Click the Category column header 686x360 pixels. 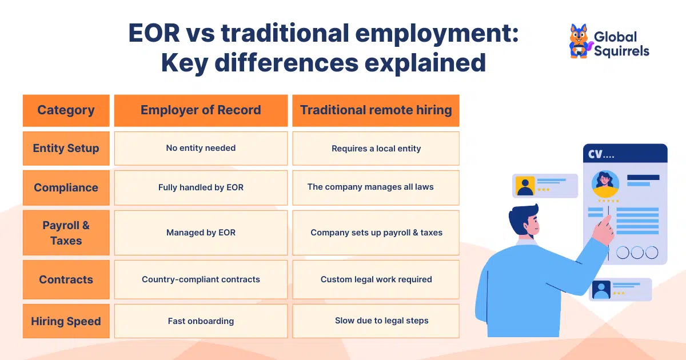click(x=66, y=110)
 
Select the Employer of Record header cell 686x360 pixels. click(x=201, y=110)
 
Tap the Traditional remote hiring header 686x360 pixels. click(x=376, y=110)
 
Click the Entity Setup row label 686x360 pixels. click(x=66, y=148)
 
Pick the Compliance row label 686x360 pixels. click(x=66, y=187)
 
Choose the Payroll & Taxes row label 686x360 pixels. click(x=66, y=233)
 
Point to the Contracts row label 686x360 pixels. click(x=66, y=279)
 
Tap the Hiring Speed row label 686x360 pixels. click(x=66, y=321)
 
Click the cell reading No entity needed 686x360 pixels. click(x=201, y=148)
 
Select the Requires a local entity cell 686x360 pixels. click(x=376, y=148)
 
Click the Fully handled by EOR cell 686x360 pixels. click(x=201, y=187)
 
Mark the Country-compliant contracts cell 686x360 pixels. click(x=201, y=279)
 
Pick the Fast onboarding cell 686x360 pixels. click(x=201, y=321)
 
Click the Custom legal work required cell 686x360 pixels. click(x=376, y=279)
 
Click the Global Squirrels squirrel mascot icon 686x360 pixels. click(x=579, y=41)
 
